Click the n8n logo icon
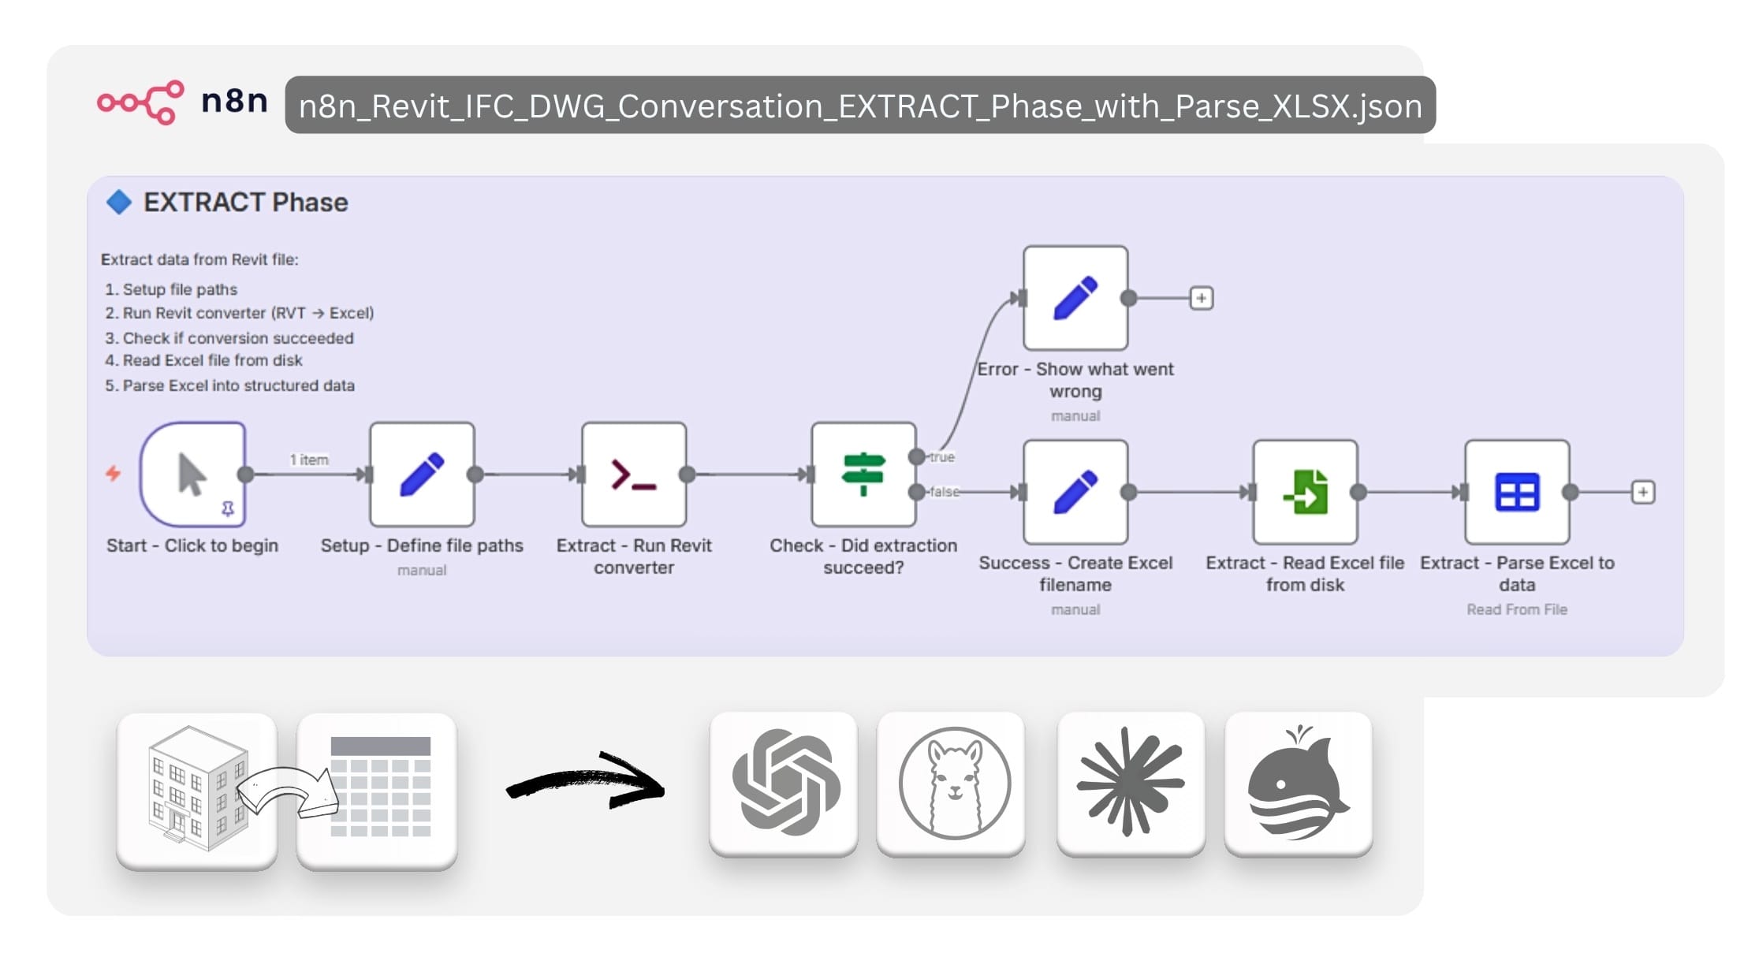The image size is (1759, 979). click(x=140, y=102)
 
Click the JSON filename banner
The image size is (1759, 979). click(x=859, y=106)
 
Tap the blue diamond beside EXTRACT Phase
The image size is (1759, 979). click(x=119, y=202)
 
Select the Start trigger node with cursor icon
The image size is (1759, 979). click(x=192, y=475)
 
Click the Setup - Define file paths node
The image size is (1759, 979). click(x=422, y=475)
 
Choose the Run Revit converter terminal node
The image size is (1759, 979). click(x=634, y=475)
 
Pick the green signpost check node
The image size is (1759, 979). click(x=863, y=475)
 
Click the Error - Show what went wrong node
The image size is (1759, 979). click(x=1075, y=298)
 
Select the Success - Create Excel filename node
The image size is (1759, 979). click(x=1075, y=493)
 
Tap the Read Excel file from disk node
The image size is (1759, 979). click(x=1305, y=493)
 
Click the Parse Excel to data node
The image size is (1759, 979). click(x=1517, y=493)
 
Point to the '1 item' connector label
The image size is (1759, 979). click(x=309, y=460)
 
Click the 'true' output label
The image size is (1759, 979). click(x=941, y=457)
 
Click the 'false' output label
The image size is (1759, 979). click(x=944, y=492)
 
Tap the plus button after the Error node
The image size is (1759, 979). click(x=1201, y=298)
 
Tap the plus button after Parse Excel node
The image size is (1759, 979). click(x=1642, y=493)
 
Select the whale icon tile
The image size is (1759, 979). click(x=1298, y=784)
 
